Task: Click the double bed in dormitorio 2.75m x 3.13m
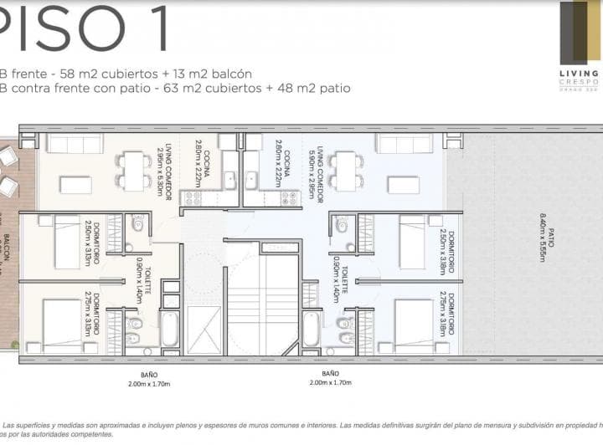(62, 326)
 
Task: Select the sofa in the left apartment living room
(74, 144)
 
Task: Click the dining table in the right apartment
(344, 170)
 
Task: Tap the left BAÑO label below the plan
(150, 378)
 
